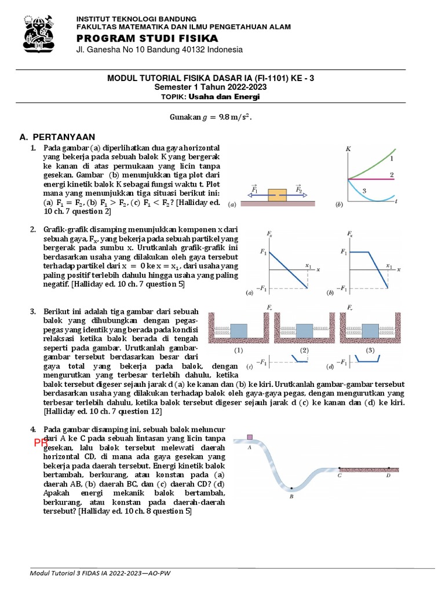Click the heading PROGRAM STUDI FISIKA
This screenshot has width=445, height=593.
click(139, 38)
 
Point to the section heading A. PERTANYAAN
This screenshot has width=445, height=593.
click(57, 137)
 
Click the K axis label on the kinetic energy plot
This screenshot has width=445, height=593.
click(348, 149)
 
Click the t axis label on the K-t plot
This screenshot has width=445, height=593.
click(395, 202)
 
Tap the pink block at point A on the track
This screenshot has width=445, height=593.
click(250, 437)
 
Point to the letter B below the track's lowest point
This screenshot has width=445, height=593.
click(291, 496)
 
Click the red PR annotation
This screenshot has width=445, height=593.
click(40, 443)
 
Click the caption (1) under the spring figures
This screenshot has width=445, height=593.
click(238, 351)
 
